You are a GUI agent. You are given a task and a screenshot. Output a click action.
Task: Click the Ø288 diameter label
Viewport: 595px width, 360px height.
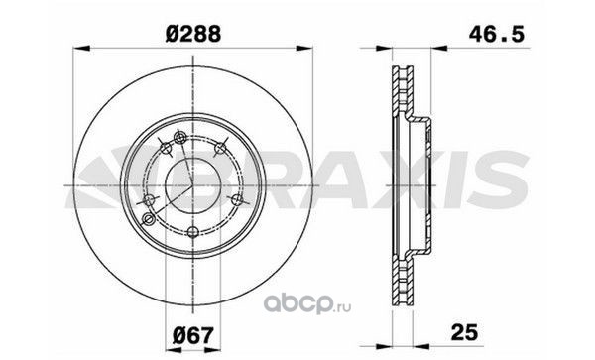(x=193, y=34)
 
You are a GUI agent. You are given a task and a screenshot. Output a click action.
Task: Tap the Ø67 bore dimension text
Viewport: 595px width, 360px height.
(x=193, y=335)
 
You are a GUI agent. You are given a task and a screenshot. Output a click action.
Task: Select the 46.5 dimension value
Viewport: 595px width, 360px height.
(x=497, y=34)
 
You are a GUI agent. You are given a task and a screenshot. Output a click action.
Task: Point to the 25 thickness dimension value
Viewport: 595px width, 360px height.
(x=464, y=332)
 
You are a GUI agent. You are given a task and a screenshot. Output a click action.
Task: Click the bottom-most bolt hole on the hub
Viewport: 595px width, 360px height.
(x=193, y=231)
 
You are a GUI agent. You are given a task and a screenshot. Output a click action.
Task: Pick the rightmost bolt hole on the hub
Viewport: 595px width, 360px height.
(x=237, y=199)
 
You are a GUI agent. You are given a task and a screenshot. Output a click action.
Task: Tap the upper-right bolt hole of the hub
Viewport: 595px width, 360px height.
(x=220, y=149)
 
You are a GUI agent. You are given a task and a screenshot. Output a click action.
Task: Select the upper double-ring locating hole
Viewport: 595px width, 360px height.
(x=179, y=137)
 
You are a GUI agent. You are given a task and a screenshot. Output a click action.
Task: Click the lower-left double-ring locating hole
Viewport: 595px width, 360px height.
(x=149, y=218)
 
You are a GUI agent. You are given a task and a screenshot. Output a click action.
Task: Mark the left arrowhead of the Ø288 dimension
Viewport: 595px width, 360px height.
(x=81, y=49)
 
